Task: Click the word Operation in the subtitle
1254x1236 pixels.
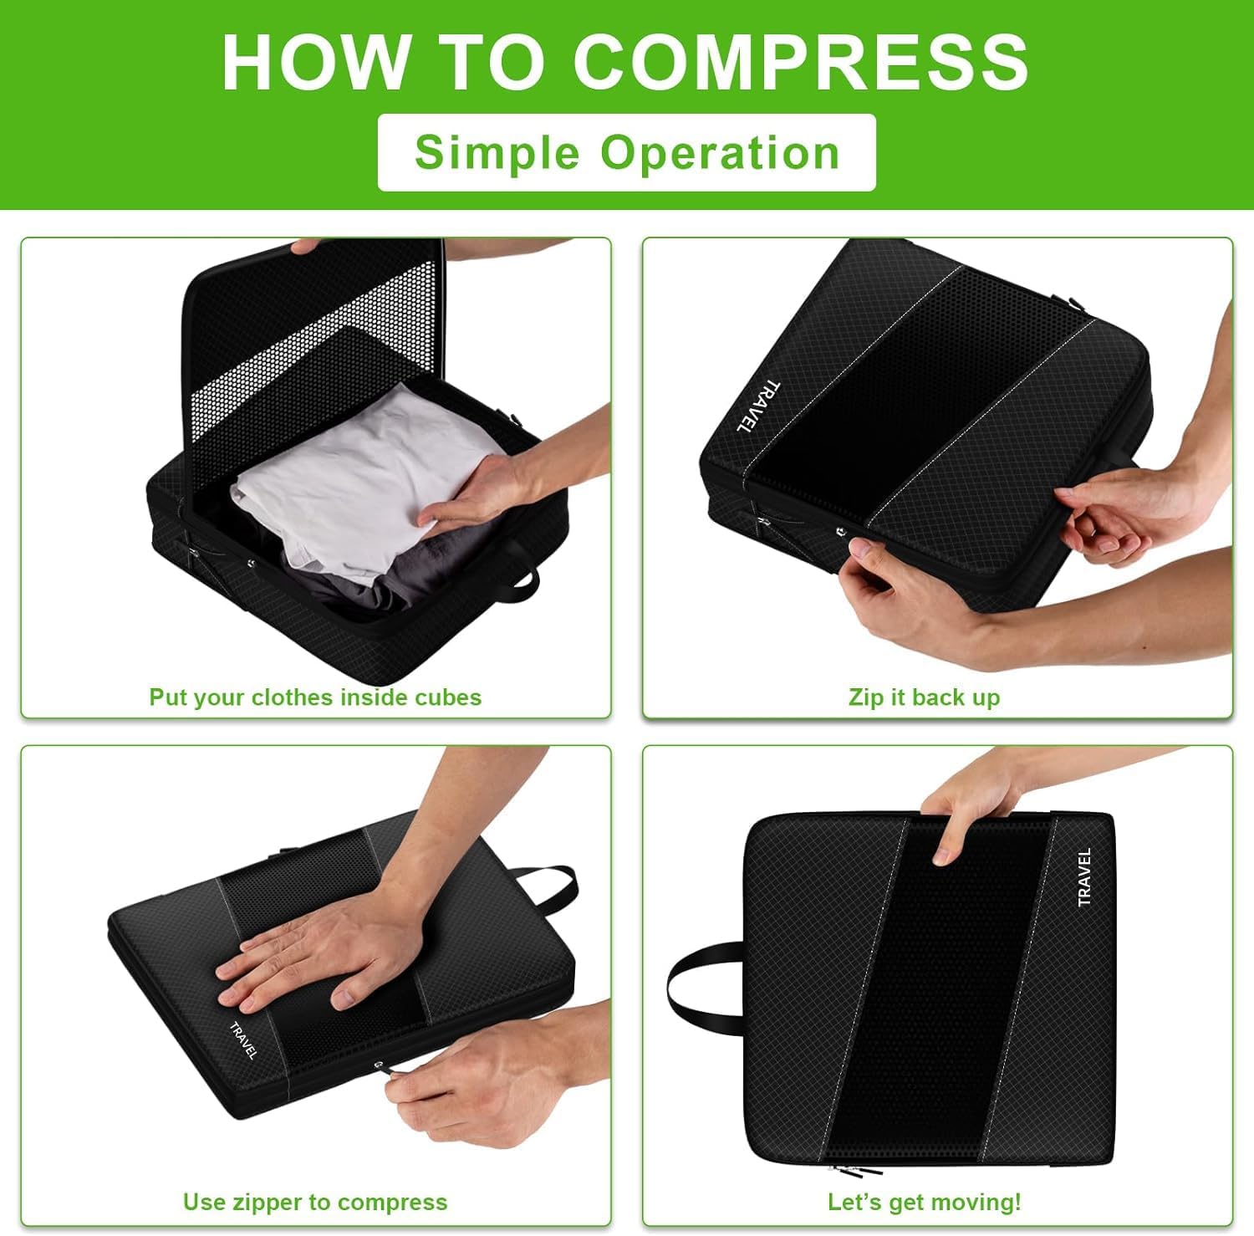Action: (720, 152)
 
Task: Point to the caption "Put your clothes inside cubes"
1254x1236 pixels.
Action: (315, 697)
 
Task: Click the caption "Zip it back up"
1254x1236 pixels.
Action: (924, 697)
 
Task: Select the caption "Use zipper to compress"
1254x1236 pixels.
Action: (315, 1203)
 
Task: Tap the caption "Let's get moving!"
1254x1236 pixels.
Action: (924, 1203)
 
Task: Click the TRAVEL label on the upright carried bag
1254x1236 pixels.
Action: (1084, 876)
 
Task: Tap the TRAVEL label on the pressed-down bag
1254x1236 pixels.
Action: (242, 1039)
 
